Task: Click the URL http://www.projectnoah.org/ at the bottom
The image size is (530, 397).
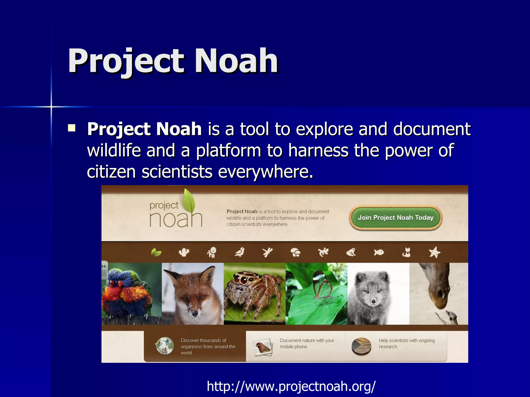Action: tap(291, 386)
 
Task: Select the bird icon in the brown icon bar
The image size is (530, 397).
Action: tap(240, 252)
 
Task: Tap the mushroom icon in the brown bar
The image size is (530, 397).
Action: tap(295, 252)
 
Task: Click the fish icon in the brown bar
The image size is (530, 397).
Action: tap(379, 252)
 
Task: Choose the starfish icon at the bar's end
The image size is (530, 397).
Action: tap(434, 252)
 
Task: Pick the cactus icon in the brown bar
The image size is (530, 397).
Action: tap(184, 252)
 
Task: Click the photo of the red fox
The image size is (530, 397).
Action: tap(193, 294)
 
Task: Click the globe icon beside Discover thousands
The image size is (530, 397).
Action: tap(164, 346)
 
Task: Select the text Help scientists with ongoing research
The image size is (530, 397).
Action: tap(406, 343)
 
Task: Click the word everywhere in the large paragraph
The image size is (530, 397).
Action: tap(266, 172)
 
